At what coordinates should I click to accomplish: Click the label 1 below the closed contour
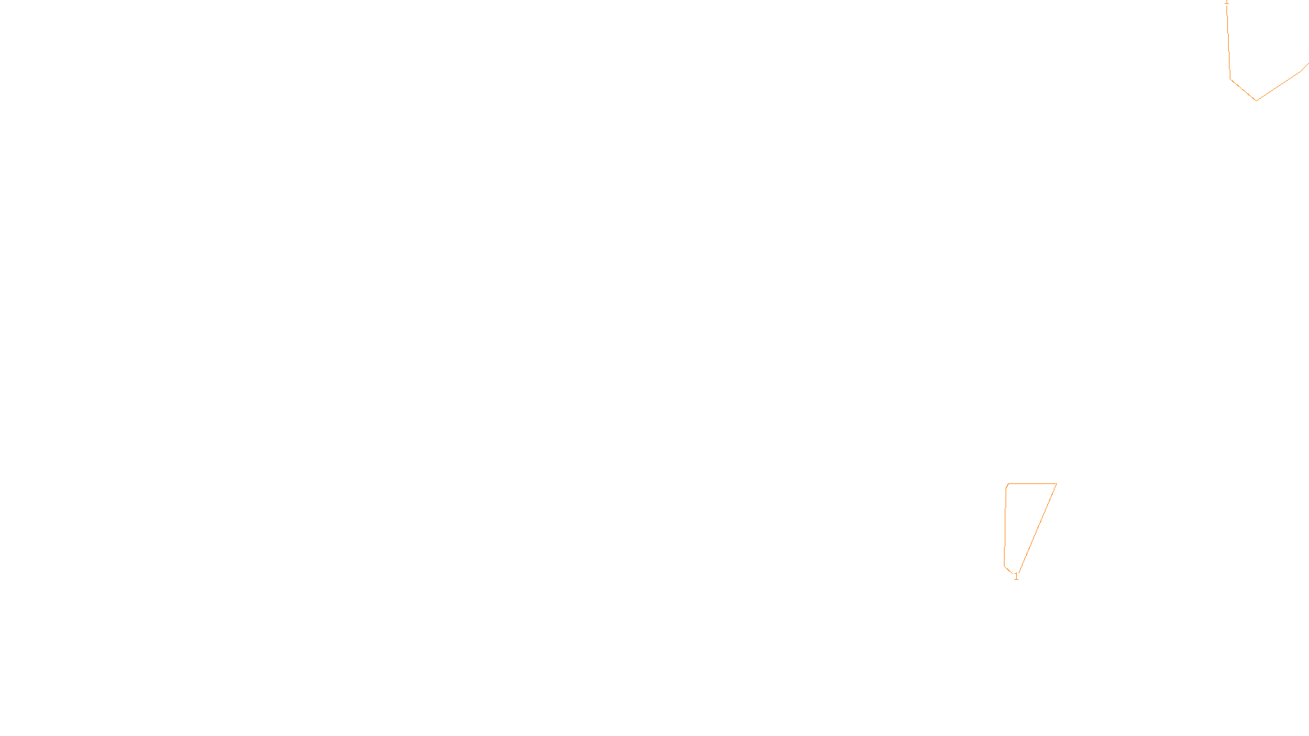(1016, 577)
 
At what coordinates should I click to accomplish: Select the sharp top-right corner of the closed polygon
(1056, 484)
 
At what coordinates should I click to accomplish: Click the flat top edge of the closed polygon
(1032, 484)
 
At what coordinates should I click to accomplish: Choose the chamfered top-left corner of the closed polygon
(1007, 486)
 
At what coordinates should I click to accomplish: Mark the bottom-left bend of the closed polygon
(1005, 565)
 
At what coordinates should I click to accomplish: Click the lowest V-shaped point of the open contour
(1256, 101)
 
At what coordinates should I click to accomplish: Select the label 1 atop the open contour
(1226, 2)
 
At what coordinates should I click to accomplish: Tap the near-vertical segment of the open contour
(1229, 41)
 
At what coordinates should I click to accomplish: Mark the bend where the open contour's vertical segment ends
(1230, 79)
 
